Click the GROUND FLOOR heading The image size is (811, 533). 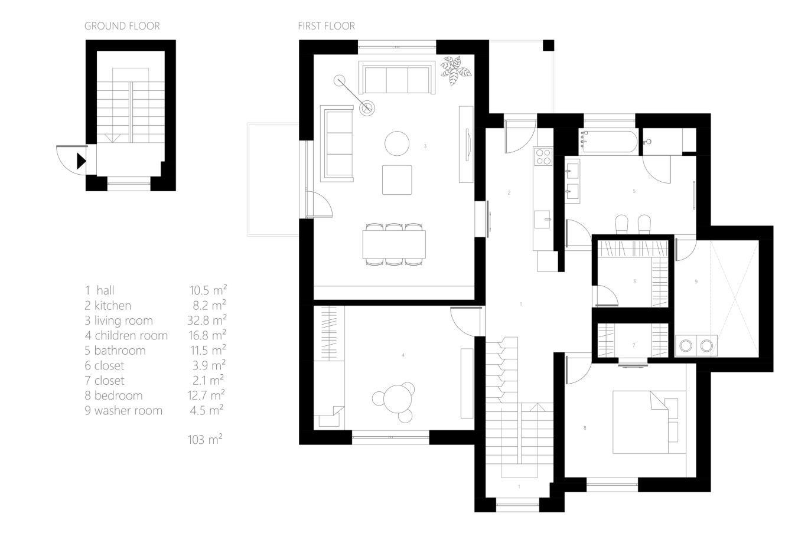pos(122,26)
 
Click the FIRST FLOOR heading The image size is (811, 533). pos(326,26)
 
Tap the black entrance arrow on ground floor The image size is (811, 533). pos(81,161)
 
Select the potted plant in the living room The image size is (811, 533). pos(456,70)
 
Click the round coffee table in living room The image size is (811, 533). pos(397,143)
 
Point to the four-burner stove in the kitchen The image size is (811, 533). pos(543,156)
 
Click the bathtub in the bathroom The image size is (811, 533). pos(609,141)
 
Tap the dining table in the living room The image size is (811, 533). pos(394,244)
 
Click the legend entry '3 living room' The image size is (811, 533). pos(119,321)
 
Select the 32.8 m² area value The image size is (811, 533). pos(207,320)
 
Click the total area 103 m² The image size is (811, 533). pos(205,439)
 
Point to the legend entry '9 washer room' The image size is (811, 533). pos(123,411)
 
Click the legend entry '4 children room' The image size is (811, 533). pos(126,336)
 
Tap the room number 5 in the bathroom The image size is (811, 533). pos(634,191)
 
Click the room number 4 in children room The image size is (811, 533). pos(403,355)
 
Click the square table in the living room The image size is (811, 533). pos(397,180)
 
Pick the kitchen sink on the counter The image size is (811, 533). pos(542,219)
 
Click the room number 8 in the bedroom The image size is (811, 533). pos(585,428)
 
